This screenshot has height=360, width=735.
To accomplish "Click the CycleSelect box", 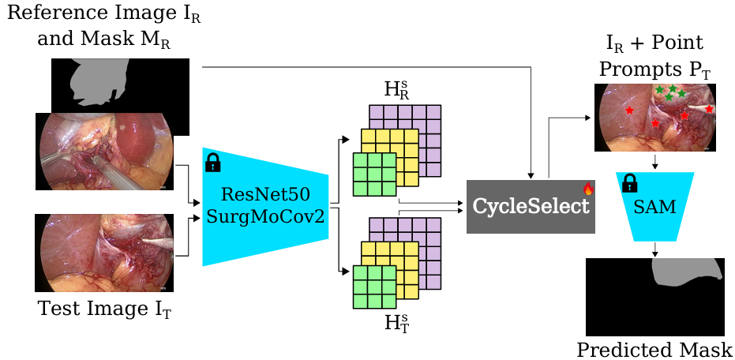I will [531, 207].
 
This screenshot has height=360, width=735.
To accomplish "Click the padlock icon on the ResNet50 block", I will [212, 163].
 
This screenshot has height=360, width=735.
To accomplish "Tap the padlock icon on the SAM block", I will [629, 184].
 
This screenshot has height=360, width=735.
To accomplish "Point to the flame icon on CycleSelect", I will [587, 189].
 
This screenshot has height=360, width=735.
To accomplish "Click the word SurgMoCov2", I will [265, 216].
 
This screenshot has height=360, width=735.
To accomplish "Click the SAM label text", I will [655, 207].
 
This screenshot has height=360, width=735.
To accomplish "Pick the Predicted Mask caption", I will [654, 349].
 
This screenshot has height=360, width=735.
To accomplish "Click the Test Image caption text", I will [105, 309].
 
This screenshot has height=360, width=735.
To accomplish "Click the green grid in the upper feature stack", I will [373, 175].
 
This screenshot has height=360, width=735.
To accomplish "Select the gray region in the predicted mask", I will [682, 275].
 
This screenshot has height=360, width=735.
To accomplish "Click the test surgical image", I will [104, 253].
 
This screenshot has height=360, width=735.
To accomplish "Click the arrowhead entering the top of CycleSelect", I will [534, 175].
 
